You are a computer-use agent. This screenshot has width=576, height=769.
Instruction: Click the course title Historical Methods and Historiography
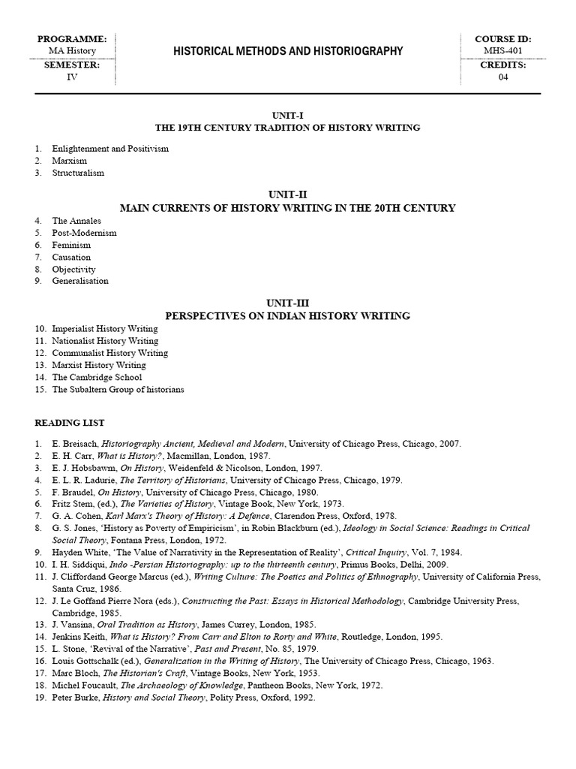(x=289, y=51)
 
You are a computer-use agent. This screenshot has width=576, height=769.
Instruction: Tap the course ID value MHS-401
(x=503, y=51)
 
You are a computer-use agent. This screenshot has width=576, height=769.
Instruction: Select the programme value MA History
(x=72, y=51)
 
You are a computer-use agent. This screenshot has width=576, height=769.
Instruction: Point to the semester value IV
(x=72, y=77)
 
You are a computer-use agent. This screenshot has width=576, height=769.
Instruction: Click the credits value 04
(x=503, y=77)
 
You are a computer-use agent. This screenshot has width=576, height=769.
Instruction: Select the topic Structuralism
(x=78, y=173)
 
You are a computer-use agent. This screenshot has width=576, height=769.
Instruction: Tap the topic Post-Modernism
(x=84, y=233)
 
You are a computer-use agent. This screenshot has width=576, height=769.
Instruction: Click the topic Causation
(x=71, y=257)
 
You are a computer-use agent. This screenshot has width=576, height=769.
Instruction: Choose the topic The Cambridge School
(x=97, y=377)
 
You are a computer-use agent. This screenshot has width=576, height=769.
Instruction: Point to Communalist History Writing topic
(x=109, y=353)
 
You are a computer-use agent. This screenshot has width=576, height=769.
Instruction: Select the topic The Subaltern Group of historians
(x=118, y=390)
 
